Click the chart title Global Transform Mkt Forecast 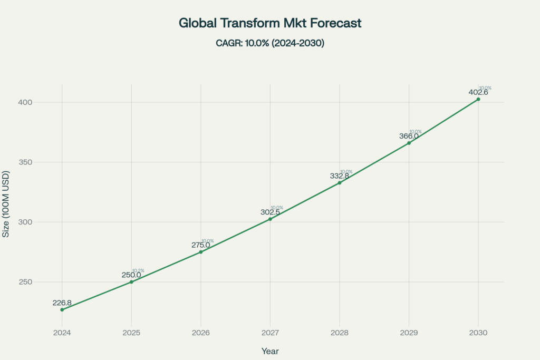click(270, 23)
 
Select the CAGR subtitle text click(270, 43)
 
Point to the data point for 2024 click(62, 309)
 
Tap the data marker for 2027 click(270, 219)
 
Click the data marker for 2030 click(478, 99)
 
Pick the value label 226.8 click(62, 303)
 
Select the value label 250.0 click(131, 275)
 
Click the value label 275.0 click(200, 245)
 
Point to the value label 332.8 click(340, 176)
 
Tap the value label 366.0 click(409, 136)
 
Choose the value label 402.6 click(478, 92)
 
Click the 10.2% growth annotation click(138, 270)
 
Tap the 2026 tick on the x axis click(200, 333)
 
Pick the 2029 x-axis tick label click(409, 333)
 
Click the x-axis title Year click(270, 351)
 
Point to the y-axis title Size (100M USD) click(6, 204)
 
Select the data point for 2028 click(340, 182)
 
